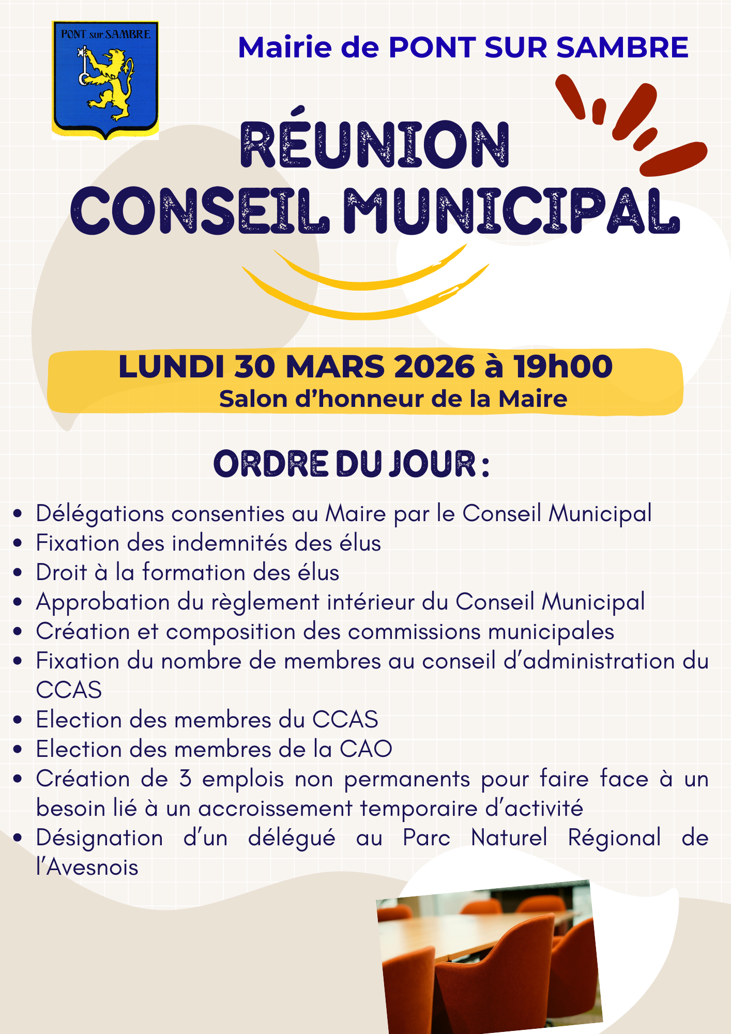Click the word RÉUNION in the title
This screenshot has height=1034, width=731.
(x=375, y=145)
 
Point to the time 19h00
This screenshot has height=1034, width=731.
(x=563, y=367)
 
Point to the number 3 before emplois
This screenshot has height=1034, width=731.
(x=186, y=779)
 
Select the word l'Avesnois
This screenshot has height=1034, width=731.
(x=87, y=868)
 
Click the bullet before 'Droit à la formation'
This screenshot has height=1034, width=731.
(x=18, y=573)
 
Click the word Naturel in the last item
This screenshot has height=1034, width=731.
(x=509, y=838)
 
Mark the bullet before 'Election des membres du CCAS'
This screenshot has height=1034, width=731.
(x=18, y=720)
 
